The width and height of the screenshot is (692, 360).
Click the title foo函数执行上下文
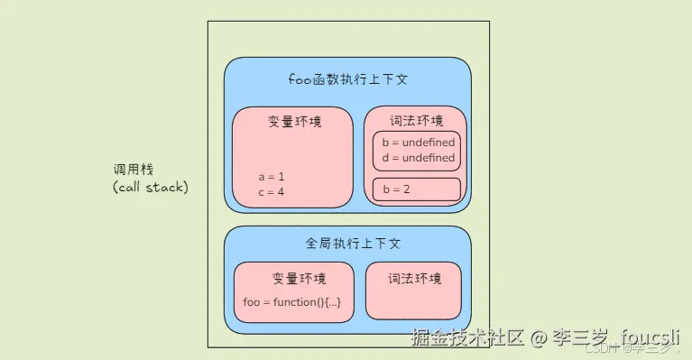click(x=347, y=79)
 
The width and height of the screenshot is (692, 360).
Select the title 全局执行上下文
click(x=347, y=244)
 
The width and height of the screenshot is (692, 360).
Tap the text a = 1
click(x=271, y=177)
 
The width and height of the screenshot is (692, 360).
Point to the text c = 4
click(x=271, y=192)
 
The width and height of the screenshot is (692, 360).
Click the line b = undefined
click(x=418, y=143)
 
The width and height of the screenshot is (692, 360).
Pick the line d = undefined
click(x=418, y=158)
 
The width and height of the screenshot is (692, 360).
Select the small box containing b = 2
click(x=416, y=189)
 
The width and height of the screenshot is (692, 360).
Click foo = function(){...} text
click(x=292, y=301)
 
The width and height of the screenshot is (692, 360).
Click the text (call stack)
click(x=151, y=188)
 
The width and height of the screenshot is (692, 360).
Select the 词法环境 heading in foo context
click(x=415, y=121)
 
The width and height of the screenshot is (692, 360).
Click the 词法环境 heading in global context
click(x=414, y=279)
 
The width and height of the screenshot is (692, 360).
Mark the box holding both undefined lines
click(x=416, y=151)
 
